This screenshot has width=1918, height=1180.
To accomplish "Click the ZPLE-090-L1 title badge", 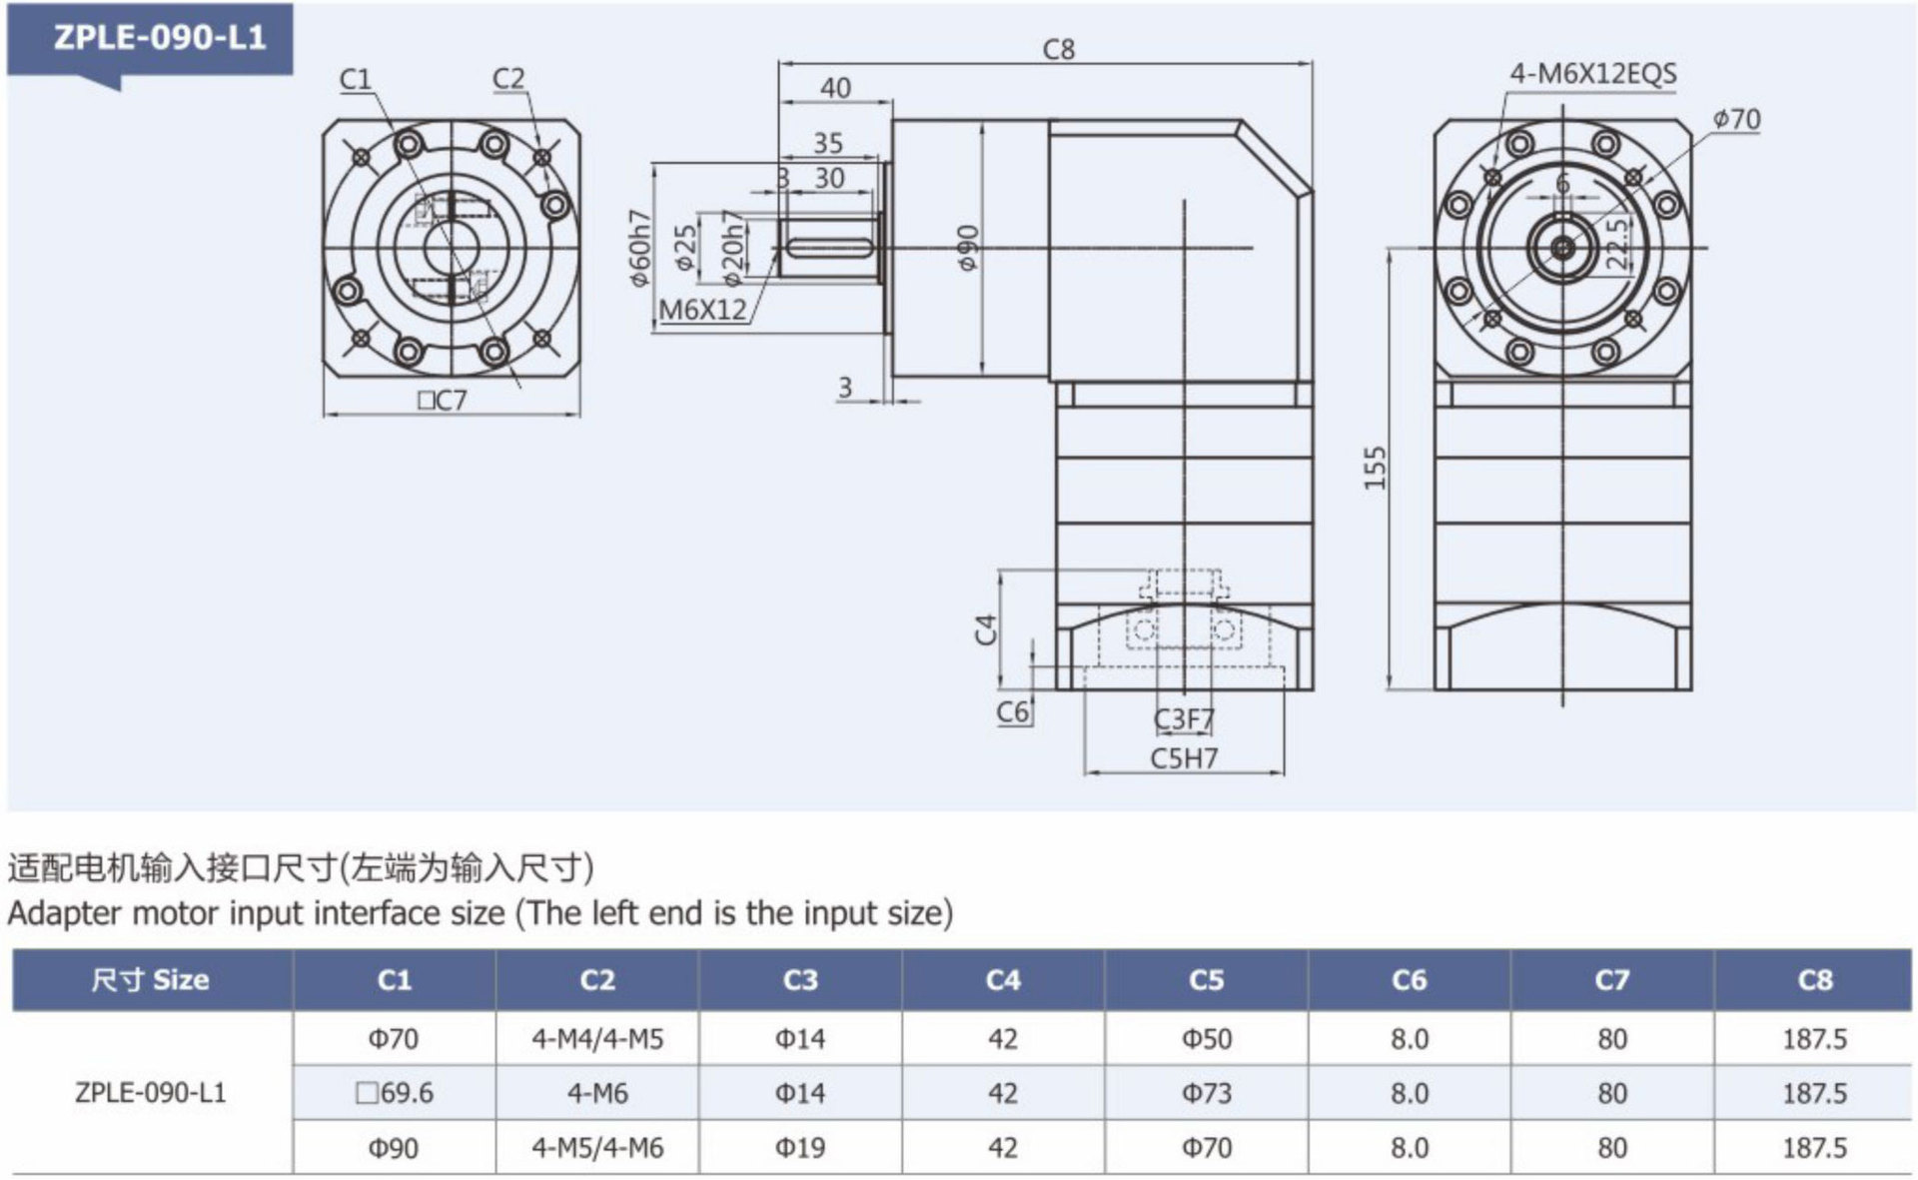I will [x=160, y=38].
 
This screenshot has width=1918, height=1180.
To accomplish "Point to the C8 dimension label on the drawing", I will [x=1058, y=50].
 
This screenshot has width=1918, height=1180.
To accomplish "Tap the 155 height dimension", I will [x=1376, y=468].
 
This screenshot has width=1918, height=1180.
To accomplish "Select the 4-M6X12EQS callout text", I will [x=1592, y=74].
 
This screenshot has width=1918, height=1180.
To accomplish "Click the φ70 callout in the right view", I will [x=1736, y=120].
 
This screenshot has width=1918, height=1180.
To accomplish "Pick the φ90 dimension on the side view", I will [x=967, y=247].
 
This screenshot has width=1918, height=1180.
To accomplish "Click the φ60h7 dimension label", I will [x=639, y=248].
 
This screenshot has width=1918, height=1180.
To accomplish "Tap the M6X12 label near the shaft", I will [x=703, y=310].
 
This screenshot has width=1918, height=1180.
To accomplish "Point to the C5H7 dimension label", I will [x=1184, y=758].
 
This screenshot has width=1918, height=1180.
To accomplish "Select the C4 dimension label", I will [x=986, y=629].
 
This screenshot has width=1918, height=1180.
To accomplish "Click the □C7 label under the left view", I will [x=442, y=401].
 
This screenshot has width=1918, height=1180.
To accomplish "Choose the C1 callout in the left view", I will [x=355, y=79].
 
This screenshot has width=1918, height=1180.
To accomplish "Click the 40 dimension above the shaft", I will [x=835, y=88].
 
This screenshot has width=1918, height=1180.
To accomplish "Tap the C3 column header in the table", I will [x=800, y=980].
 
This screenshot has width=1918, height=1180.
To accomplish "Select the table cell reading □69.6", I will [x=395, y=1093].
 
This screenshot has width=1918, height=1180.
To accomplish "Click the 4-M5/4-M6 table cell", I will [x=597, y=1148].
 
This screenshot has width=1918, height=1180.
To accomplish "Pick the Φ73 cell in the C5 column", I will [x=1206, y=1093].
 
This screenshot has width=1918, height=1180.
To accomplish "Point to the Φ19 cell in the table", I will [x=800, y=1148].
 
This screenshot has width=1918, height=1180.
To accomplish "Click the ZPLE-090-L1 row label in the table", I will [x=151, y=1093].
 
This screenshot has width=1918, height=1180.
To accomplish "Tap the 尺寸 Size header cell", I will [x=151, y=980].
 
